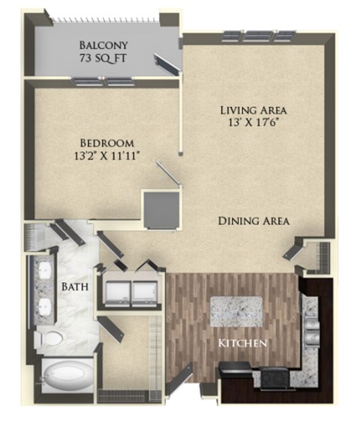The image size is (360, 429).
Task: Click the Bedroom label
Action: coord(107,142)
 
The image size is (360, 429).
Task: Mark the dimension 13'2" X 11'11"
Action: coord(107,156)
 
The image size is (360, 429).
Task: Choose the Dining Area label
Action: coord(253,220)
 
